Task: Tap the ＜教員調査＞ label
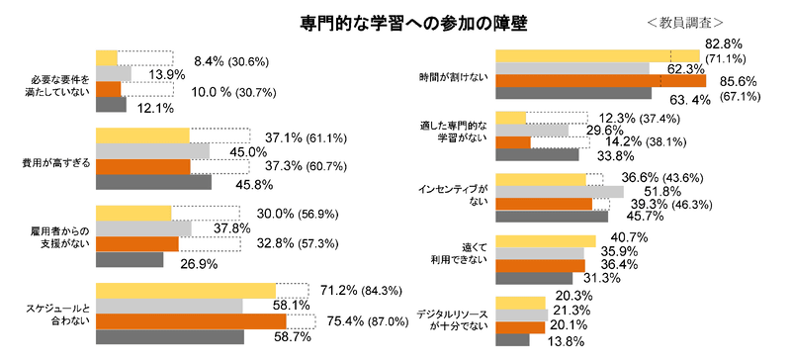pyautogui.click(x=686, y=21)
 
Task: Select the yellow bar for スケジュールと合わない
pyautogui.click(x=185, y=290)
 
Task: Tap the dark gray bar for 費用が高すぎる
pyautogui.click(x=153, y=183)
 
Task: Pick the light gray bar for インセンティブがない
pyautogui.click(x=560, y=191)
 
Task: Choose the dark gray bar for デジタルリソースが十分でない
pyautogui.click(x=513, y=340)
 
